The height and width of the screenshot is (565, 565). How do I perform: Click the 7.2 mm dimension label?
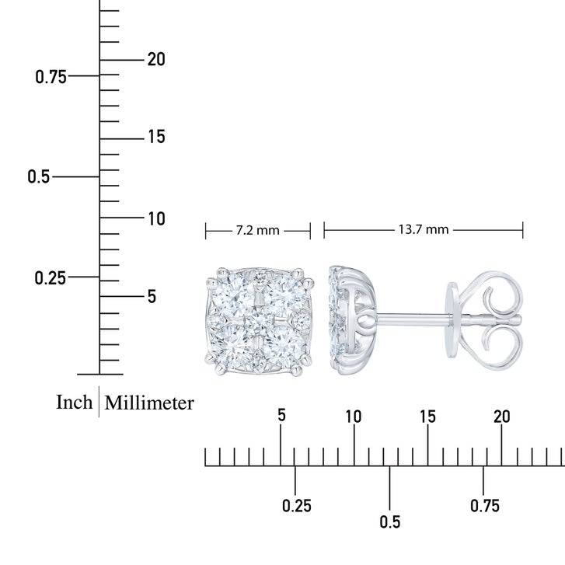pyautogui.click(x=258, y=230)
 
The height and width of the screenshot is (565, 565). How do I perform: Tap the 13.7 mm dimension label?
pyautogui.click(x=424, y=229)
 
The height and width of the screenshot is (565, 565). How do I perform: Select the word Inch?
pyautogui.click(x=75, y=402)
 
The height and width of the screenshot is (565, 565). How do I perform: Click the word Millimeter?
pyautogui.click(x=149, y=403)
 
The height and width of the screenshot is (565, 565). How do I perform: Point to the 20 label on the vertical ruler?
pyautogui.click(x=156, y=59)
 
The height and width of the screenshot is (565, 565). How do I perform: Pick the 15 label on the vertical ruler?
pyautogui.click(x=157, y=137)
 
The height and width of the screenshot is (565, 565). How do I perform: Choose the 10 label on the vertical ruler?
pyautogui.click(x=157, y=218)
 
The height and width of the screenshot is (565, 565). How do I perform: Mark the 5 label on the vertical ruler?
pyautogui.click(x=152, y=297)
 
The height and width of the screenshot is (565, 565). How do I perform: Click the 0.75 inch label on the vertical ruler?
pyautogui.click(x=51, y=77)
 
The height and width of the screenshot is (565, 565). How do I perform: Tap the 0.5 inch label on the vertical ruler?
pyautogui.click(x=39, y=176)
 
